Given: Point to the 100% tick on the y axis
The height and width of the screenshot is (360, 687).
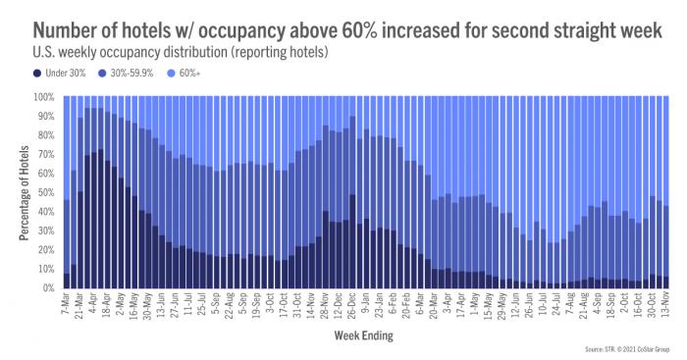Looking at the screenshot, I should [x=47, y=97].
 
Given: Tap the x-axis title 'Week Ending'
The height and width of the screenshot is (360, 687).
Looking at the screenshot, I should [x=363, y=335].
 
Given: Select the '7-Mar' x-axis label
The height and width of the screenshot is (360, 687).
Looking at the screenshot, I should [x=66, y=304].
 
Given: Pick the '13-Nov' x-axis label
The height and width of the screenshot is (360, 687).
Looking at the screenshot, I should [x=664, y=305].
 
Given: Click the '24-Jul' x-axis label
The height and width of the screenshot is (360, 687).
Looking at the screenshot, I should [x=555, y=305].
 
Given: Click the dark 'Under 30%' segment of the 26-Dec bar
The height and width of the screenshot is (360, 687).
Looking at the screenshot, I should [x=351, y=245].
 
